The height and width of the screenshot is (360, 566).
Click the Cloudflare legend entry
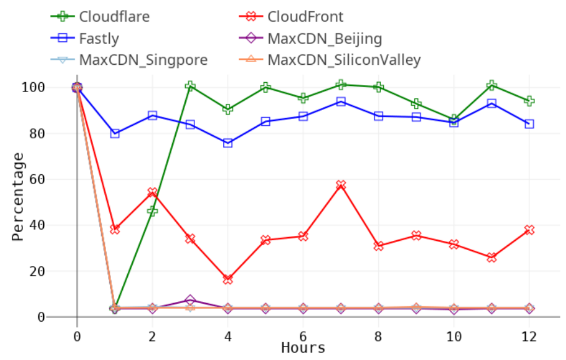pos(114,17)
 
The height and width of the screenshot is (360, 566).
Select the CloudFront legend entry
pos(306,17)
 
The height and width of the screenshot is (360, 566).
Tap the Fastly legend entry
pos(99,38)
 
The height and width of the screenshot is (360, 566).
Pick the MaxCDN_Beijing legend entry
pos(325,39)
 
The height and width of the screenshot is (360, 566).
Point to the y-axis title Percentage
pos(19,196)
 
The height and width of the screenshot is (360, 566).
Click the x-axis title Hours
pos(303,348)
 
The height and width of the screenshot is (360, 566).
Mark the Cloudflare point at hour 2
pos(152,211)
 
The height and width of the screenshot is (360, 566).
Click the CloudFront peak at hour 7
pos(341,185)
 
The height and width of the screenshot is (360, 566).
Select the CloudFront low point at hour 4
pos(228,279)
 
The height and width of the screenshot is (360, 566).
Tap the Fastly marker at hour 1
pos(114,133)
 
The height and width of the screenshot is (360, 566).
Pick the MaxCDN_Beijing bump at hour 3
pos(190,301)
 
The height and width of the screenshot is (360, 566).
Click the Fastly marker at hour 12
pos(529,124)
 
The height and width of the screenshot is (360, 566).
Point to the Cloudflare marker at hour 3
pos(190,86)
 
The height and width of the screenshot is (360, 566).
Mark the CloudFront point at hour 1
pos(114,229)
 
